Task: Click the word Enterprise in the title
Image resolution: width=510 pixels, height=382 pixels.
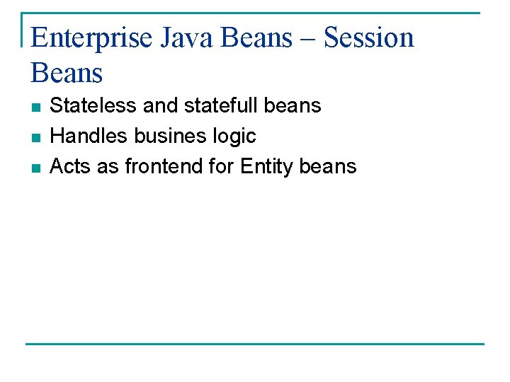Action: (91, 38)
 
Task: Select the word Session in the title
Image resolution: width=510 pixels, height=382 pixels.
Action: (368, 38)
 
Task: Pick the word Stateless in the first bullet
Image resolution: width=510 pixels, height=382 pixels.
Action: (94, 106)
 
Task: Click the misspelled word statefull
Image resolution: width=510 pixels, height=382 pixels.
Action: (220, 106)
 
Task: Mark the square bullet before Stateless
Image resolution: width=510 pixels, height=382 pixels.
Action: (35, 108)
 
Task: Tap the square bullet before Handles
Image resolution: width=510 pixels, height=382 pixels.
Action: (35, 137)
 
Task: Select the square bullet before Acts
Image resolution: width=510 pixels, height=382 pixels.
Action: (35, 168)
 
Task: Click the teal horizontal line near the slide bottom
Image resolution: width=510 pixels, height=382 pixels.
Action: (255, 344)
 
